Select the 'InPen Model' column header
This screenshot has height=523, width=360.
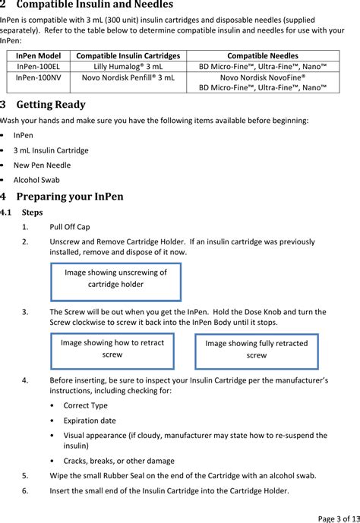click(38, 55)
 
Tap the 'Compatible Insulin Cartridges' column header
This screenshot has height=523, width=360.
click(128, 55)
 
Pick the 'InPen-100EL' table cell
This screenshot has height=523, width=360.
click(38, 66)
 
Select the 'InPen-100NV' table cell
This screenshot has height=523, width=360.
click(38, 77)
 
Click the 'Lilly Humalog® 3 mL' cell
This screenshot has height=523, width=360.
click(128, 66)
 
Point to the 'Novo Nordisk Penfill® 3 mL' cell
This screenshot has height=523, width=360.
click(128, 77)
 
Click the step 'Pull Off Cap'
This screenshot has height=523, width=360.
click(70, 226)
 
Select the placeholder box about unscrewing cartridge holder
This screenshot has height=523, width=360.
click(115, 281)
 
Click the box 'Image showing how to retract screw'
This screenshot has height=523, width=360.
click(112, 349)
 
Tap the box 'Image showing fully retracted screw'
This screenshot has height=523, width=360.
click(257, 350)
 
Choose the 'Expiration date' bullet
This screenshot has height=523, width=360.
click(90, 420)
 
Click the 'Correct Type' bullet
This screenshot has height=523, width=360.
click(85, 405)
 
